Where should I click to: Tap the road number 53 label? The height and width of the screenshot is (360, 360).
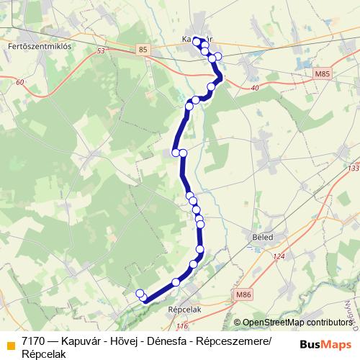coord(100,51)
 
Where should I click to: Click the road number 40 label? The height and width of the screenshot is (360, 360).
coord(254,88)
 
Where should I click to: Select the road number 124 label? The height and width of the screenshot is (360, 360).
coord(279,257)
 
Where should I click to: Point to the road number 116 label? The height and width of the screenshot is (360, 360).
coord(181,326)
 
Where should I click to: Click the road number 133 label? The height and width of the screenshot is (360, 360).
coord(352,168)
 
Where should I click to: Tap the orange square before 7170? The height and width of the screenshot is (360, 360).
coord(11,341)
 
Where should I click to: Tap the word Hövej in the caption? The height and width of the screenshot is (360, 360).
coord(123,341)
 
